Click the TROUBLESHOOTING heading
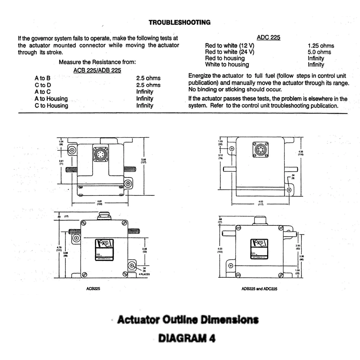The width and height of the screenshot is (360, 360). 180,22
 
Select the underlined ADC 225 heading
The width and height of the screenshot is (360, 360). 268,37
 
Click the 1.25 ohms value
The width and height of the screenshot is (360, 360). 321,46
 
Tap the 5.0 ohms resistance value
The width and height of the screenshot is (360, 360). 319,52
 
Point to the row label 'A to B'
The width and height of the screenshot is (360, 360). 42,78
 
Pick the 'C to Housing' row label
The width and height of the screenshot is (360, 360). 51,105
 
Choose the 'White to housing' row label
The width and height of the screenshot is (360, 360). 227,65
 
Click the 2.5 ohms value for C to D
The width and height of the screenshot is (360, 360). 148,85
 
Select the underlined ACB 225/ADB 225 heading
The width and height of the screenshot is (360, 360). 97,71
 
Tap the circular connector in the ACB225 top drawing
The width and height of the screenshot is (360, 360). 100,154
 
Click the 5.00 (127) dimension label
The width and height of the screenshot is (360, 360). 143,161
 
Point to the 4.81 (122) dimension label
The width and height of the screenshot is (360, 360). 99,203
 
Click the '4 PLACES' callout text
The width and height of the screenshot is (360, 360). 144,274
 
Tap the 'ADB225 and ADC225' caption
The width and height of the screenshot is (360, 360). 259,289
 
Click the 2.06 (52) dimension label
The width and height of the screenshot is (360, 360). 144,250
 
